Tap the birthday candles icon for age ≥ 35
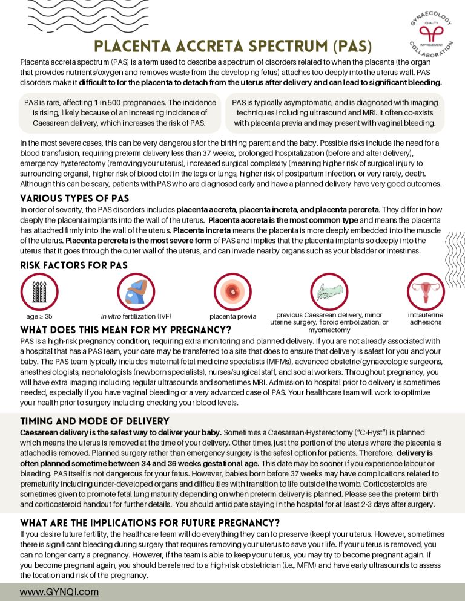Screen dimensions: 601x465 [39, 292]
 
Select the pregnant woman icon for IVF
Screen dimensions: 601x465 [136, 292]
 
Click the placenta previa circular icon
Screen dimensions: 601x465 [232, 292]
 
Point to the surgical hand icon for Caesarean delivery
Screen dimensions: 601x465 [329, 291]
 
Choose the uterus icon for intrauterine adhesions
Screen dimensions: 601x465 [426, 291]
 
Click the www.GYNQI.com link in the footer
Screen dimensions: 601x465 [59, 592]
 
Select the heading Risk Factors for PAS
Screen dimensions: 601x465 [73, 265]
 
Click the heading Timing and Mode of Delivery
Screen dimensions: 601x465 [94, 421]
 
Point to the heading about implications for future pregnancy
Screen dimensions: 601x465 [150, 522]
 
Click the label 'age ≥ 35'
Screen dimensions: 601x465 [39, 316]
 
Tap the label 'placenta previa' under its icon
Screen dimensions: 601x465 [232, 316]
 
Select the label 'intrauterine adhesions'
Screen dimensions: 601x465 [426, 319]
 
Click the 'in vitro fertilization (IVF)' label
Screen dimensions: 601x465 [136, 316]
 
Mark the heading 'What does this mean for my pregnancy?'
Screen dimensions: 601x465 [125, 330]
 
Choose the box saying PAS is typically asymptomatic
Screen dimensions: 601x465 [335, 112]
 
